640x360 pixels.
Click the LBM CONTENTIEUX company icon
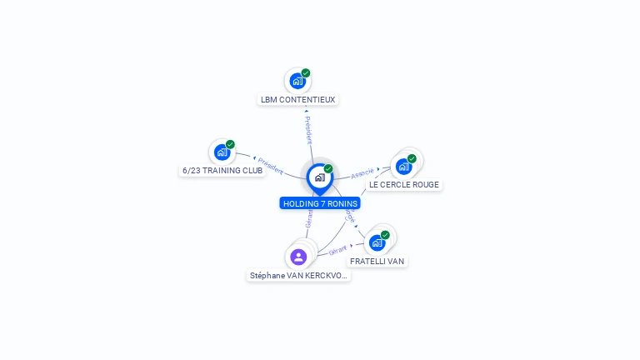click(297, 81)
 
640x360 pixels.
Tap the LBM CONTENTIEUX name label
click(297, 99)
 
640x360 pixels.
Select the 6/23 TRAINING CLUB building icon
click(222, 152)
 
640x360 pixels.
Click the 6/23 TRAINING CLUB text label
click(222, 170)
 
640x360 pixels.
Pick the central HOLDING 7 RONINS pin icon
click(319, 177)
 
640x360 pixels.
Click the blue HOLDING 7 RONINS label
click(320, 203)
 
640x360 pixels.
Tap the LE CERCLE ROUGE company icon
click(404, 166)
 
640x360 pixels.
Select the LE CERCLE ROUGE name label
click(404, 184)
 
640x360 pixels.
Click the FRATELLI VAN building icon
click(377, 242)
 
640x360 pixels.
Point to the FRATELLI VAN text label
click(377, 261)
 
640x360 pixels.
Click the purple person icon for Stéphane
click(299, 257)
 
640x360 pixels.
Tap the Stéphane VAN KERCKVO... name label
click(298, 275)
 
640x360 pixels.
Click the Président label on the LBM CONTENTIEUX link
click(307, 130)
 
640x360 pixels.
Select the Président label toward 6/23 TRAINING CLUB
click(270, 164)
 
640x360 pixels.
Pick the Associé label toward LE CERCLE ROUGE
click(362, 173)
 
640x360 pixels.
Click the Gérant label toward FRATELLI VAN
click(338, 250)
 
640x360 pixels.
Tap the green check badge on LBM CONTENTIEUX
click(306, 73)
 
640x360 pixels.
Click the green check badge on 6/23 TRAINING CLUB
click(230, 144)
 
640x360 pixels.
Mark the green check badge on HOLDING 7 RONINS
click(328, 169)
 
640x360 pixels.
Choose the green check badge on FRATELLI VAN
click(385, 235)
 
